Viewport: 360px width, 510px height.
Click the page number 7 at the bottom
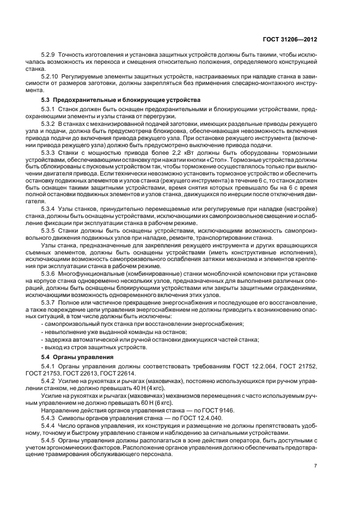point(330,466)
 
